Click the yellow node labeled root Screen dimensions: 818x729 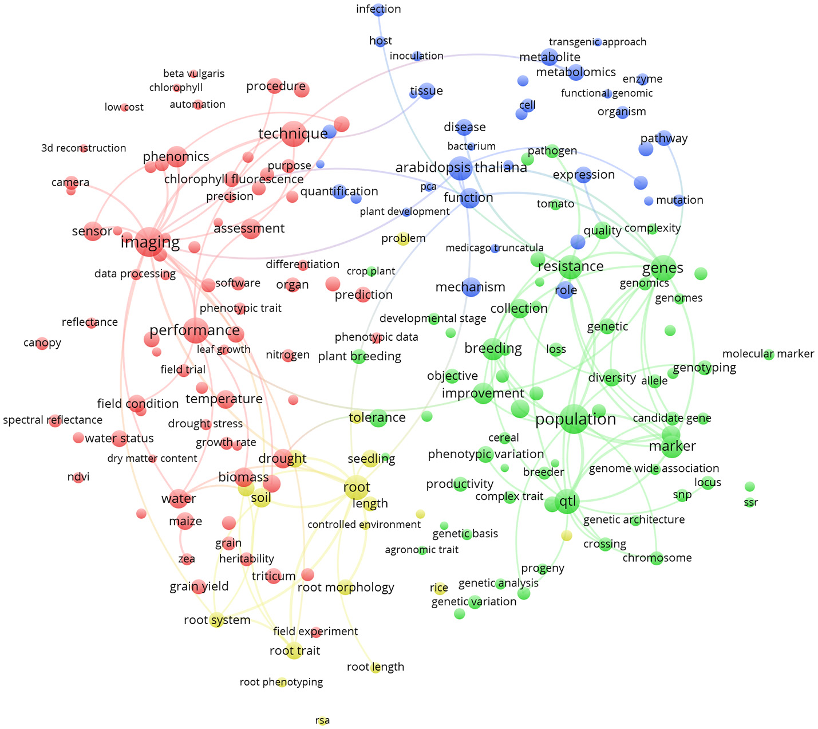pyautogui.click(x=357, y=487)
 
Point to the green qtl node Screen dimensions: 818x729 pyautogui.click(x=567, y=502)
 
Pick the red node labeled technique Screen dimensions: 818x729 pyautogui.click(x=293, y=134)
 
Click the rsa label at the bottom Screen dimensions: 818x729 pyautogui.click(x=323, y=720)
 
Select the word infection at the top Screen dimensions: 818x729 pyautogui.click(x=378, y=9)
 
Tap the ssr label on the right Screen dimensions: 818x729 pyautogui.click(x=750, y=502)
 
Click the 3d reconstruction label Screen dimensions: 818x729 pyautogui.click(x=84, y=148)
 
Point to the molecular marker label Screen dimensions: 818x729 pyautogui.click(x=768, y=354)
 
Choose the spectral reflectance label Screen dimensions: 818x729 pyautogui.click(x=53, y=420)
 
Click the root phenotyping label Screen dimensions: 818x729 pyautogui.click(x=281, y=682)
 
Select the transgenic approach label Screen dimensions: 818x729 pyautogui.click(x=597, y=42)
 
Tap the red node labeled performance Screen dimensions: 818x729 pyautogui.click(x=195, y=330)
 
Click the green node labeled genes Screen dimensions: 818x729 pyautogui.click(x=663, y=267)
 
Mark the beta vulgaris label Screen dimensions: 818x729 pyautogui.click(x=193, y=74)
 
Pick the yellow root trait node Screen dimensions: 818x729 pyautogui.click(x=294, y=651)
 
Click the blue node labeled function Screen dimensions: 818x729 pyautogui.click(x=469, y=198)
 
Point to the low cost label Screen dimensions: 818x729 pyautogui.click(x=124, y=107)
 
